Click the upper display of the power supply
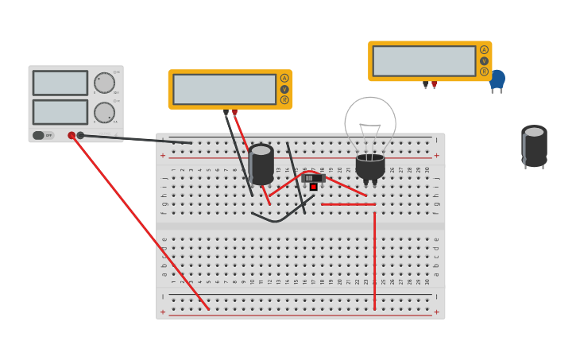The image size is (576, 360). pos(60,83)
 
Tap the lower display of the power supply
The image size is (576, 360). pos(60,111)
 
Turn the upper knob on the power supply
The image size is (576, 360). pos(104,83)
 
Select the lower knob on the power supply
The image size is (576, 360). pos(104,113)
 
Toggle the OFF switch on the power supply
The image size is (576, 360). pos(43,135)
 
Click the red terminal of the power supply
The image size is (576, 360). pos(72,136)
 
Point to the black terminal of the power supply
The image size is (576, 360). pos(80,136)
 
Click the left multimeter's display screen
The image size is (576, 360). pos(224,89)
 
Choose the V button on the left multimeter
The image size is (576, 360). pos(284,89)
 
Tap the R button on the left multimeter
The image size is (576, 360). pos(284,100)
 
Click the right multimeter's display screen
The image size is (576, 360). pos(424,61)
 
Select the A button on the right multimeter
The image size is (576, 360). pos(484,50)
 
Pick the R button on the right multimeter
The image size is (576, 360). pos(484,72)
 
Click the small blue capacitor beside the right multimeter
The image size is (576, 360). pos(497,79)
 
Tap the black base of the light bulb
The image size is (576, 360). pos(370,166)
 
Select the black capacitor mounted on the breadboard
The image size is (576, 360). pos(261,163)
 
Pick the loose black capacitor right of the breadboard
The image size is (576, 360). pos(534,145)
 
